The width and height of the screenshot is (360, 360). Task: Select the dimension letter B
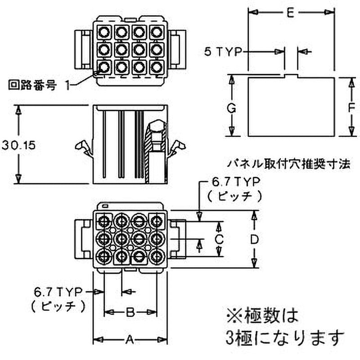[x=130, y=311]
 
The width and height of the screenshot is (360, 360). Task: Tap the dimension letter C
[x=219, y=239]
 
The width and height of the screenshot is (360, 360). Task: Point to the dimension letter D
[x=255, y=239]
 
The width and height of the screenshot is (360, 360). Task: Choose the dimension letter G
[x=231, y=108]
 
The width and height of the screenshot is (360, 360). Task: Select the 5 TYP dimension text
[x=222, y=53]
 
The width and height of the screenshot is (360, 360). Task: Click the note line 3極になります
[x=283, y=337]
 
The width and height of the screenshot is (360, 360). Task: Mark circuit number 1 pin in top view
[x=104, y=67]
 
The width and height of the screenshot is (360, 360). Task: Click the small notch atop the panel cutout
[x=291, y=76]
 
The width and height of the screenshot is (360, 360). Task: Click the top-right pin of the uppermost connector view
[x=156, y=32]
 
